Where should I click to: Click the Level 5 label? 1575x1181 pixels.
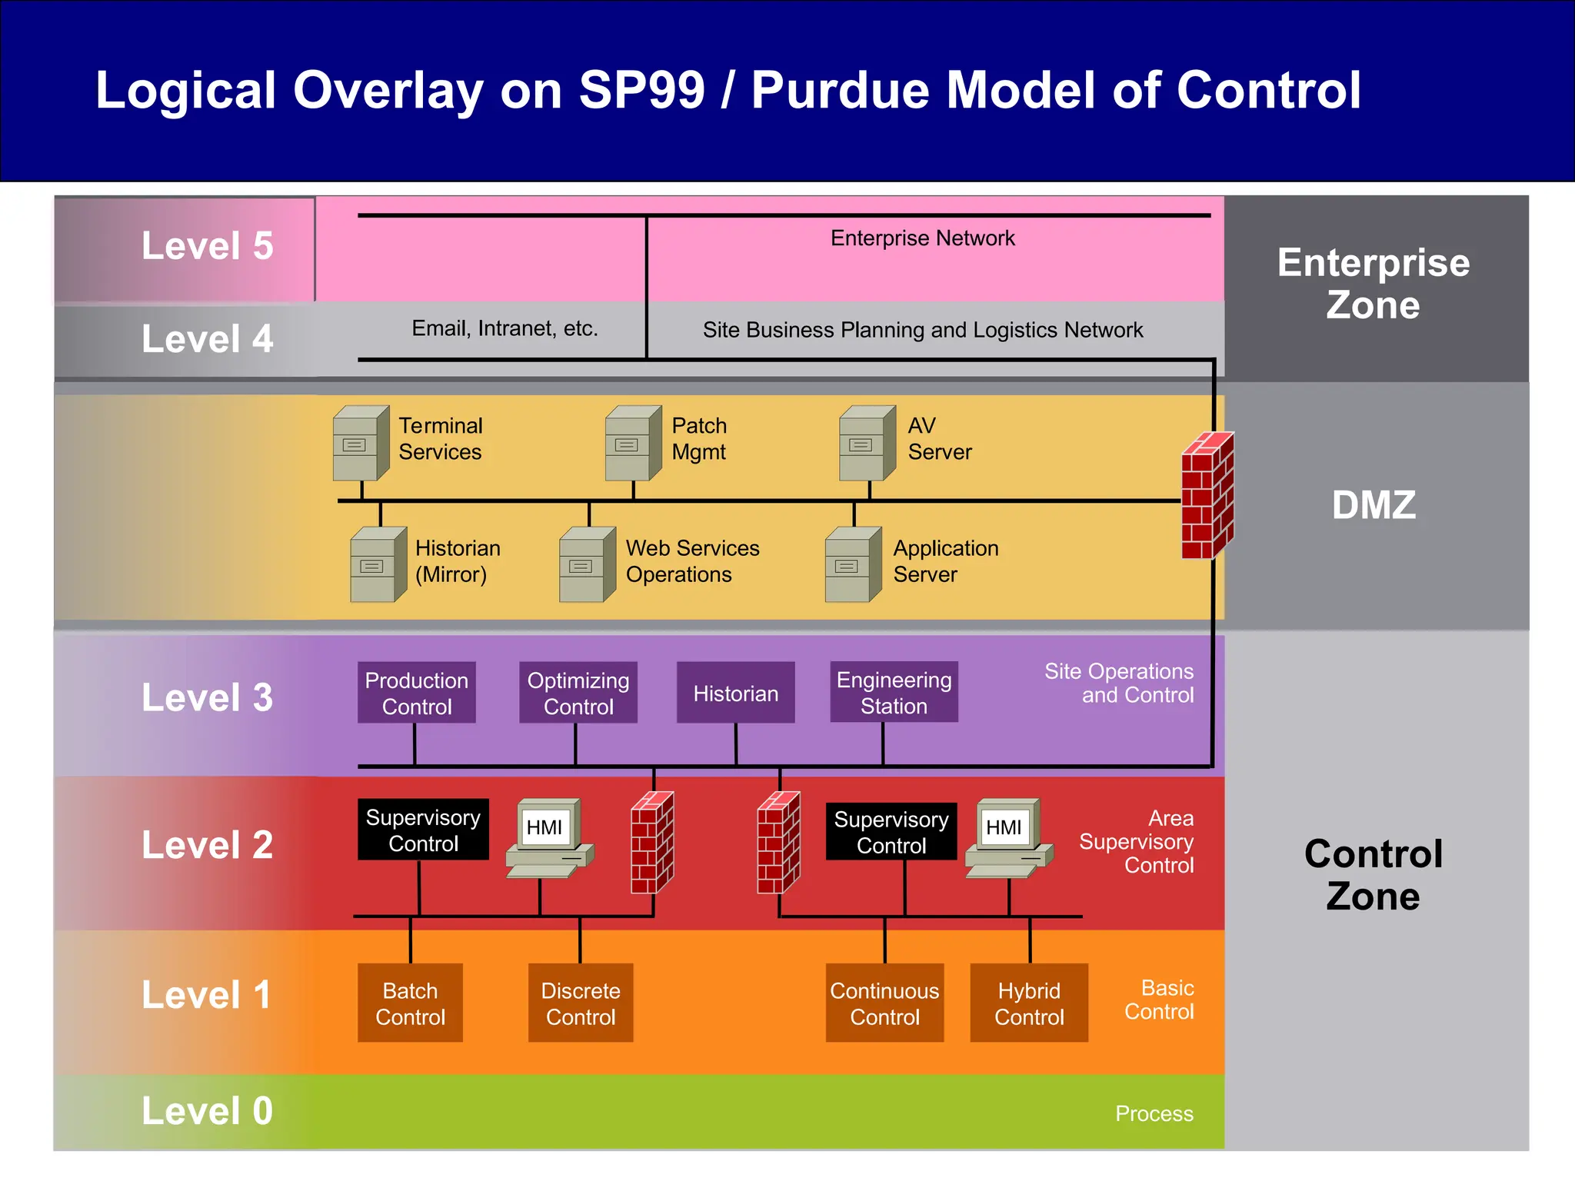[207, 246]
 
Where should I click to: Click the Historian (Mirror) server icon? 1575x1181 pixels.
[378, 564]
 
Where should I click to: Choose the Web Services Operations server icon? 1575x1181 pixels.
[587, 564]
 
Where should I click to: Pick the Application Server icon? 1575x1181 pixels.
[852, 564]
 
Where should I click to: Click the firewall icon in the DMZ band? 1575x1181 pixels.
[1207, 496]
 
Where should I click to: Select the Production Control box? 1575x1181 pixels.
[416, 693]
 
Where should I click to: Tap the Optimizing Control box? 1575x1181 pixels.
[578, 693]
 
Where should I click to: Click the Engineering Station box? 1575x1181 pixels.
[894, 692]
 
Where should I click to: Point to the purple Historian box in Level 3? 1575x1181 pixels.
[735, 693]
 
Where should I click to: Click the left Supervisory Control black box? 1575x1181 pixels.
[423, 830]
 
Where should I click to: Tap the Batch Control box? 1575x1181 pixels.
[410, 1003]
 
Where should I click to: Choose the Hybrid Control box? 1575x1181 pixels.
[1029, 1003]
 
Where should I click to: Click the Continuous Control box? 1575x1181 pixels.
[884, 1003]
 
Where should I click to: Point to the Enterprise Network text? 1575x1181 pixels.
[922, 238]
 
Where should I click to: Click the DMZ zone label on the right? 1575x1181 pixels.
[1374, 505]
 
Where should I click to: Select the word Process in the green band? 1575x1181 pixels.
[1154, 1113]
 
